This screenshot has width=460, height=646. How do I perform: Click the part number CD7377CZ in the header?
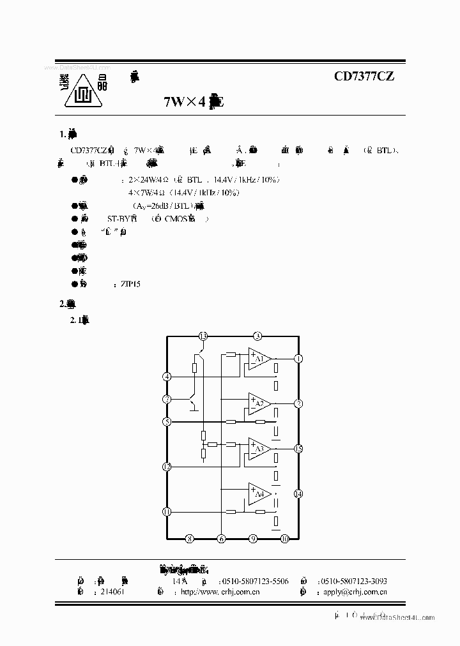[364, 77]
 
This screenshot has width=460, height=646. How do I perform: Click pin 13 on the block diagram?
[203, 336]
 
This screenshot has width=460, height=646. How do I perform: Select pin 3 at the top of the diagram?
[257, 336]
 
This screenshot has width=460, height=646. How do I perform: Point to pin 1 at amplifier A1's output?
[298, 359]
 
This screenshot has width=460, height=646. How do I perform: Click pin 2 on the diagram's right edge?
[298, 403]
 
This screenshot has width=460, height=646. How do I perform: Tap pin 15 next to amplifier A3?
[298, 449]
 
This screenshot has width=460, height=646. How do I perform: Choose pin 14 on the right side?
[298, 493]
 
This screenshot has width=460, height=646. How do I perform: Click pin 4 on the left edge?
[167, 377]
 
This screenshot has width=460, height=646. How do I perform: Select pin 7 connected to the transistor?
[167, 399]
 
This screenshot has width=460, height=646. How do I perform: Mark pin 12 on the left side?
[167, 467]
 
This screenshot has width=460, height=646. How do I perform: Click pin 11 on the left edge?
[167, 511]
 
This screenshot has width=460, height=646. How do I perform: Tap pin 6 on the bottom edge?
[221, 539]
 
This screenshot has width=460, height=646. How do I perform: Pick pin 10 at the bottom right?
[285, 539]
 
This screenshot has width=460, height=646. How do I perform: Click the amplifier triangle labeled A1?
[259, 359]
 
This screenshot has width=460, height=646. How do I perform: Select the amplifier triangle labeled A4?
[259, 493]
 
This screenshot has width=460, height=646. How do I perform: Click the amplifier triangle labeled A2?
[259, 403]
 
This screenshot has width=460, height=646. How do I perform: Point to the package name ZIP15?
[130, 283]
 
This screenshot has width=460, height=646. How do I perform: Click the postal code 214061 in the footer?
[112, 592]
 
